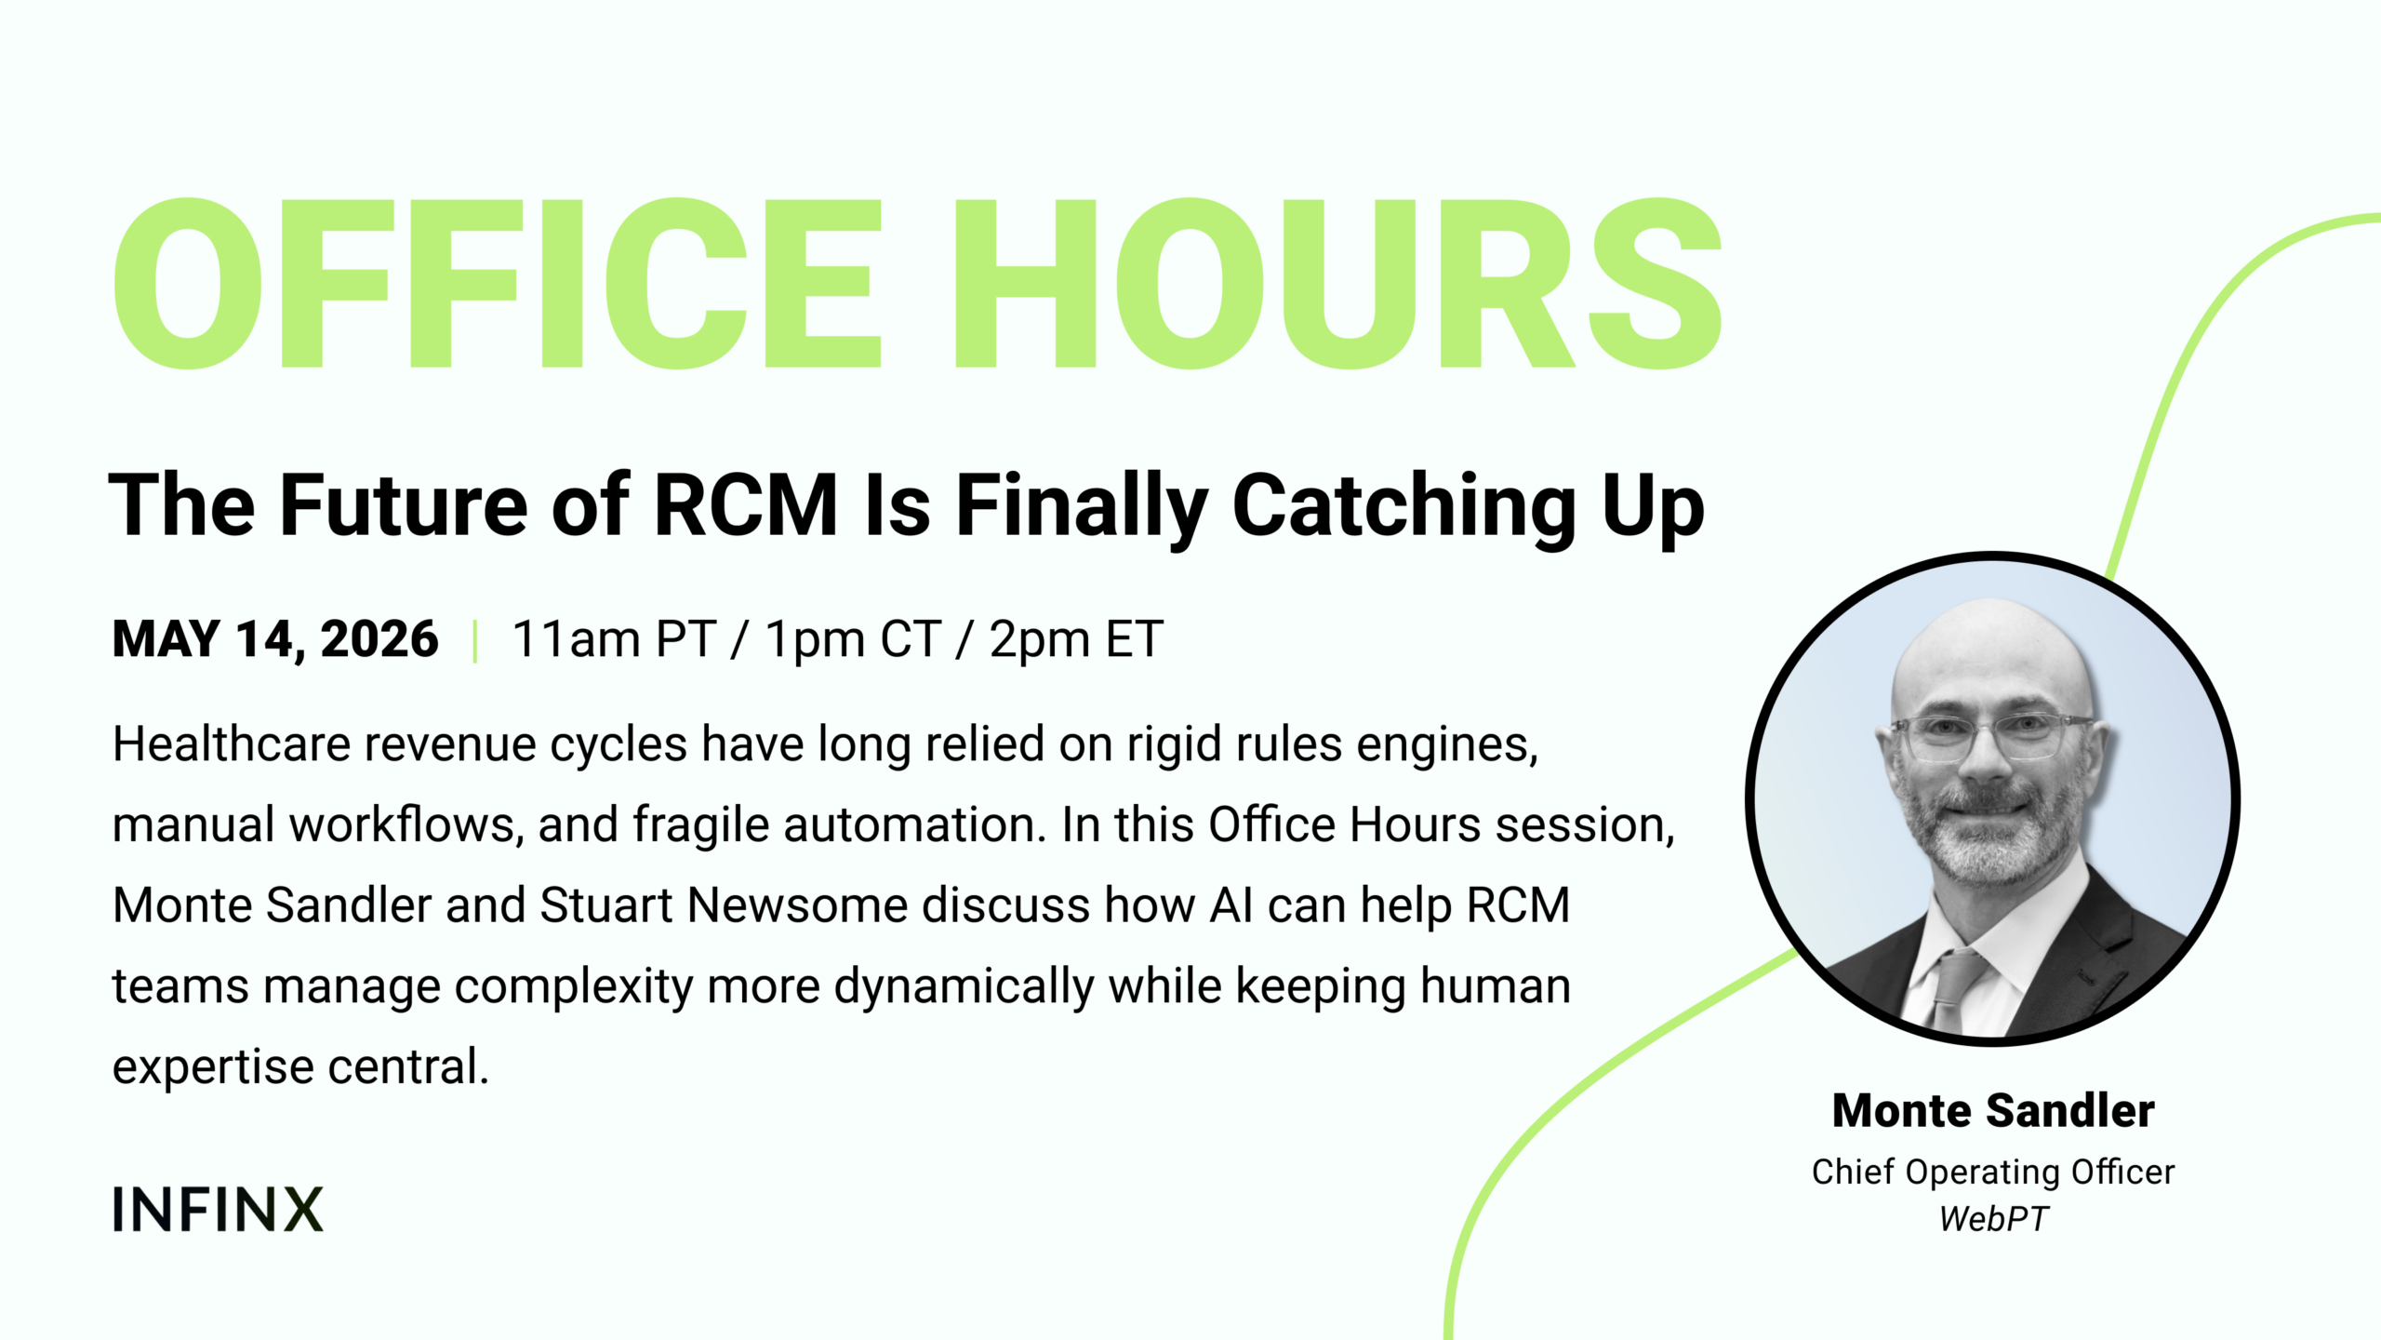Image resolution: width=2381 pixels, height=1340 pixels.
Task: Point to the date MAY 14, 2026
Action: tap(275, 639)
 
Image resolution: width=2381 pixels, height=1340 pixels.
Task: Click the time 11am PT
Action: tap(614, 639)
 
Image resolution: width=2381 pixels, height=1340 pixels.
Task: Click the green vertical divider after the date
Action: tap(475, 640)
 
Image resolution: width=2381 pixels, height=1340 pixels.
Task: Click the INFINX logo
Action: tap(218, 1209)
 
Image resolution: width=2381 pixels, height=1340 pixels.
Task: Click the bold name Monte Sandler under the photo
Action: tap(1993, 1110)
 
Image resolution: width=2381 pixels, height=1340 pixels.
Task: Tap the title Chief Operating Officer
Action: tap(1993, 1172)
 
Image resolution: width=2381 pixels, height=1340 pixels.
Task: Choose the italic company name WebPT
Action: tap(1993, 1219)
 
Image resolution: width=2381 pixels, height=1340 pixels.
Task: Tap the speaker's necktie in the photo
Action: tap(1957, 988)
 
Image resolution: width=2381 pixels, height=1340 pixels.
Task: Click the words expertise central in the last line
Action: tap(300, 1067)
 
